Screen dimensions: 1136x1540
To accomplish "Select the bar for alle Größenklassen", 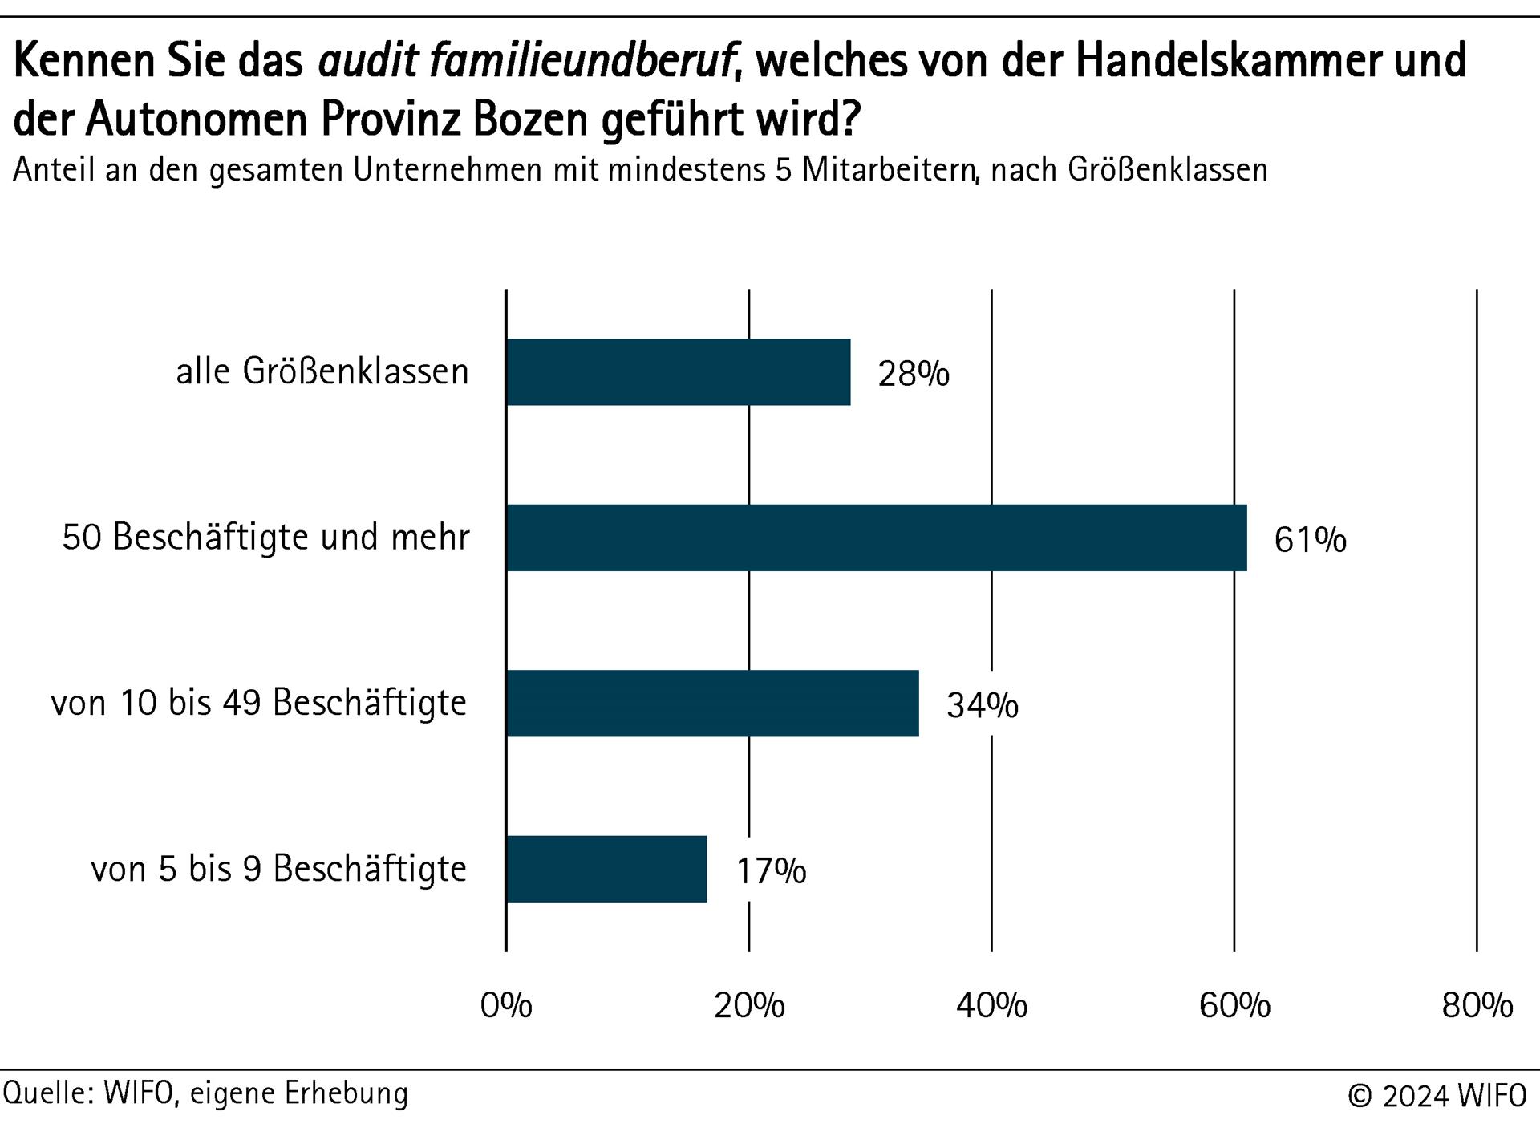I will tap(678, 372).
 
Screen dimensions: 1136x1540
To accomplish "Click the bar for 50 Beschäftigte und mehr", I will tap(876, 538).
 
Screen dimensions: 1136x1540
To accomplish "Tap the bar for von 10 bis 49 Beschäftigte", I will tap(712, 704).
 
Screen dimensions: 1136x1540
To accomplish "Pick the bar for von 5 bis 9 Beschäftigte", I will tap(606, 869).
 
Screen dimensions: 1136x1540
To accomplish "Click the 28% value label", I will tap(914, 374).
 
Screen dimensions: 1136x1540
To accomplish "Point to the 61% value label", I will tap(1310, 540).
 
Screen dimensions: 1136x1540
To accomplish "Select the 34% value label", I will tap(983, 705).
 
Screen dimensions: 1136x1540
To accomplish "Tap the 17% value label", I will tap(771, 871).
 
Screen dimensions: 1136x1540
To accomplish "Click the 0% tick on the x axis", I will tap(506, 1005).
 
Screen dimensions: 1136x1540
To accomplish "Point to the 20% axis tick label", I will tap(749, 1005).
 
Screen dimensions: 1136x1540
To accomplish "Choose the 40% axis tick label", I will tap(991, 1005).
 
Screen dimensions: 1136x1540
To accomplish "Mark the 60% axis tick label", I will tap(1234, 1005).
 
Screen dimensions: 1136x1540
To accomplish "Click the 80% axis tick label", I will tap(1477, 1005).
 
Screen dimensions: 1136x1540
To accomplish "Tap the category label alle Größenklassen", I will tap(322, 372).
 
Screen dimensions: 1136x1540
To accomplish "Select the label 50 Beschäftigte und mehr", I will tap(266, 538).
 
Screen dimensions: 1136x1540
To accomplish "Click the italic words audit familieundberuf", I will tap(527, 61).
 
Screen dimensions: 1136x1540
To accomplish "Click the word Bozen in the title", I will tap(531, 120).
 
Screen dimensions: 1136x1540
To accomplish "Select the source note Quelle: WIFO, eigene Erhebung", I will tap(206, 1093).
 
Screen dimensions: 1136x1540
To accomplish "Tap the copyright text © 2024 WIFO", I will tap(1437, 1096).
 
